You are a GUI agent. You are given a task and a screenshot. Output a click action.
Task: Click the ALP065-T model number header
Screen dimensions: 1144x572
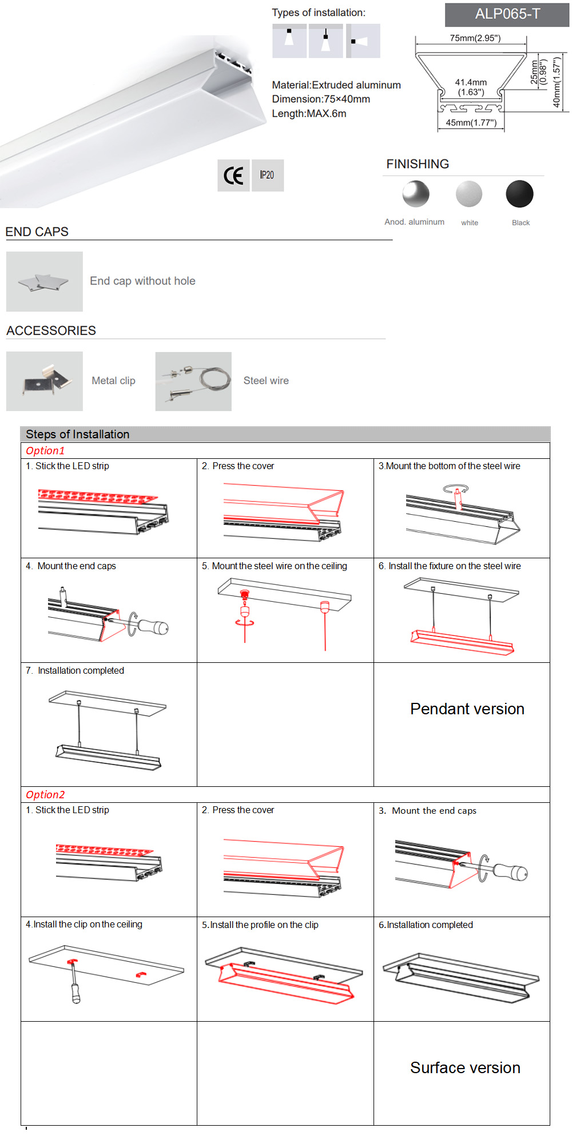click(507, 14)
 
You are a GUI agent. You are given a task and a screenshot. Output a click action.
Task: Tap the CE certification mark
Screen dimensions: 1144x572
click(233, 175)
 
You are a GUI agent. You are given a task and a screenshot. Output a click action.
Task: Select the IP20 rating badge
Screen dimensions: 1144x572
click(267, 175)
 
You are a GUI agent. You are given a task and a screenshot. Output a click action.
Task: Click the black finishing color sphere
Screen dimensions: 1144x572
click(519, 194)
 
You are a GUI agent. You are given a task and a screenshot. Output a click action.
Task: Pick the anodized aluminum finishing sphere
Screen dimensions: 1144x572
click(416, 194)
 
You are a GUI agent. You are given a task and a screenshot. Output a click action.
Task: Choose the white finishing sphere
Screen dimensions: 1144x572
click(469, 194)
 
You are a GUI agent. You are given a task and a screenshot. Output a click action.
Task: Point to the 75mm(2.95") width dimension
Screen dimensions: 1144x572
click(475, 38)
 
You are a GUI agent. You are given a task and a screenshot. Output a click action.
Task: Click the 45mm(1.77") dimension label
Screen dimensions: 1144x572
click(471, 123)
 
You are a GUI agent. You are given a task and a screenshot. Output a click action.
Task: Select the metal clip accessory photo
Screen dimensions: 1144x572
click(45, 381)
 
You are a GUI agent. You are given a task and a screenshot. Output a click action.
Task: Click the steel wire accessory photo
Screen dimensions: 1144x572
click(193, 381)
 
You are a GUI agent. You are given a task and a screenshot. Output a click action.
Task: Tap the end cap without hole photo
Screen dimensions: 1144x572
click(45, 282)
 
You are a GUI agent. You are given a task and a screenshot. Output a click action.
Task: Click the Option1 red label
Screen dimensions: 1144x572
click(45, 451)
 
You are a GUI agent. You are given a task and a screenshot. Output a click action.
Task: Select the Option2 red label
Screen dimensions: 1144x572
click(45, 795)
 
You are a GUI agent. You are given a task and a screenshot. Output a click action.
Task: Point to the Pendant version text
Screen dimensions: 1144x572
click(467, 709)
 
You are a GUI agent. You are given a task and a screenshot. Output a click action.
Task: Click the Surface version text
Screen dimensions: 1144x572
click(465, 1068)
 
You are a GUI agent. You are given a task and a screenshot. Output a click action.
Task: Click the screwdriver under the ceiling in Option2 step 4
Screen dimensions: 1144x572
click(74, 986)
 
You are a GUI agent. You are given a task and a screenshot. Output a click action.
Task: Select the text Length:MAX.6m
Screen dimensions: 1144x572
click(309, 114)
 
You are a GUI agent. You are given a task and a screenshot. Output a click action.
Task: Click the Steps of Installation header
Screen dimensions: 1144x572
click(77, 434)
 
